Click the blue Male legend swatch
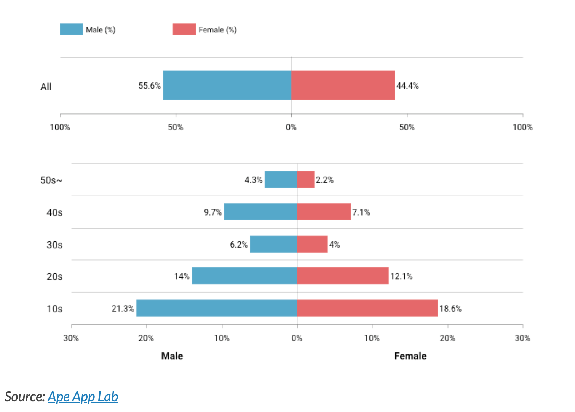[x=71, y=29]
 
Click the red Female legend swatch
[x=184, y=29]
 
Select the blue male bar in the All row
[x=227, y=85]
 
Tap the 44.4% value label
[x=407, y=86]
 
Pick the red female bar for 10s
[x=367, y=308]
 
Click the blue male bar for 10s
[x=217, y=308]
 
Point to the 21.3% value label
[x=123, y=309]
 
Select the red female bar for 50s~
[x=305, y=179]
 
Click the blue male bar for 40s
[x=260, y=212]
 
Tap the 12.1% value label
[x=401, y=276]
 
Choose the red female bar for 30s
[x=312, y=244]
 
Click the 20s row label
[x=54, y=277]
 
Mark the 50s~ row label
[x=51, y=180]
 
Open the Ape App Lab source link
[x=83, y=397]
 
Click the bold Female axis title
[x=410, y=356]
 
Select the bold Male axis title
[x=172, y=356]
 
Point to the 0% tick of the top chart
[x=291, y=127]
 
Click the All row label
[x=46, y=87]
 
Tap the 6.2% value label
[x=239, y=245]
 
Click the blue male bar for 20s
[x=244, y=276]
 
